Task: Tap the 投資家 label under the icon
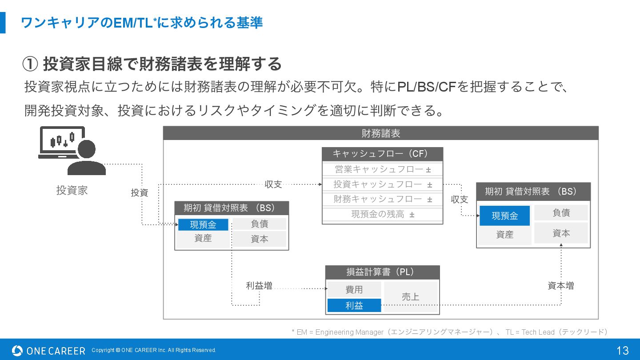72,190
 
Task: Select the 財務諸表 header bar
380,133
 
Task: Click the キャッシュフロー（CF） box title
382,154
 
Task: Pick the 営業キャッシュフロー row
382,169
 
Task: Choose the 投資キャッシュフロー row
382,184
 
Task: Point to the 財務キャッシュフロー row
382,199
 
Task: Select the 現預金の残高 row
382,214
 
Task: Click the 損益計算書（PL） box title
382,272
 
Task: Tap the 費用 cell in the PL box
354,289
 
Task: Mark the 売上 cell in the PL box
410,297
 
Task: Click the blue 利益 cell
354,305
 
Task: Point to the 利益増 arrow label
259,286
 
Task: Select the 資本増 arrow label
560,286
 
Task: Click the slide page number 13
622,350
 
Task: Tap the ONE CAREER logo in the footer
48,351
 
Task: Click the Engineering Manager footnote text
449,332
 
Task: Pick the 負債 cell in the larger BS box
561,213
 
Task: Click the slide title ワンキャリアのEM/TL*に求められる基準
142,23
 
